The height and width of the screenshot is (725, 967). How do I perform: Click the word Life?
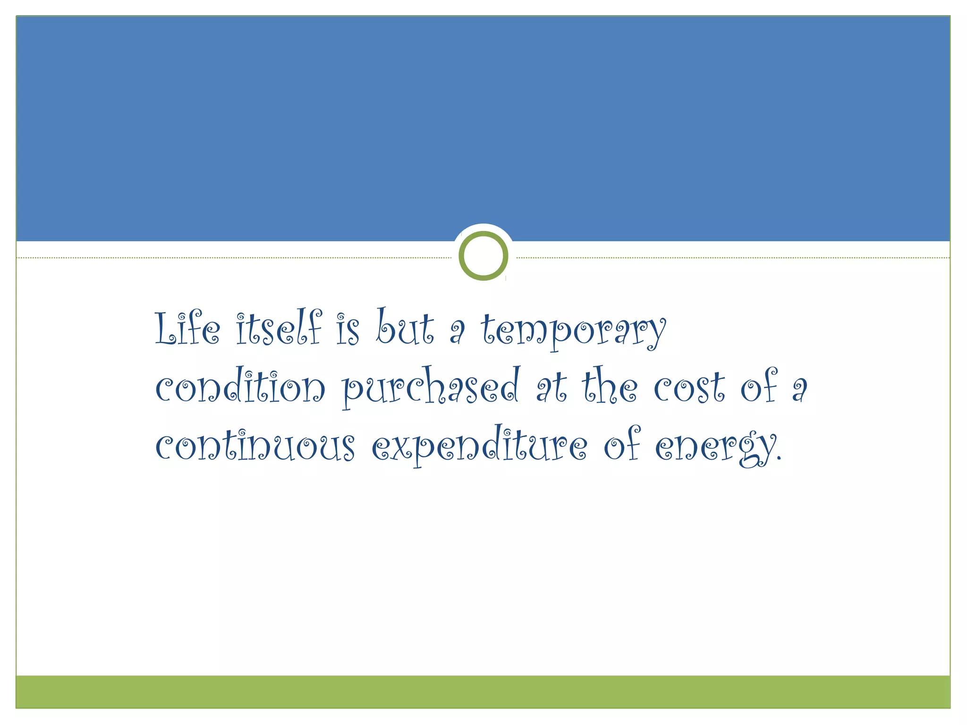pos(187,328)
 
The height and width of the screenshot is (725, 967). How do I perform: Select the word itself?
pos(279,328)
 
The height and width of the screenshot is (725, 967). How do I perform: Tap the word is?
pos(348,329)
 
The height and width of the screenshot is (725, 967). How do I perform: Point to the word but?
pos(405,327)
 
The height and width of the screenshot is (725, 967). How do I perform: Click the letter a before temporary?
pos(457,332)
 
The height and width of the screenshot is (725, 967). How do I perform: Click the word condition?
pos(240,387)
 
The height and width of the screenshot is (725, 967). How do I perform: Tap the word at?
pos(551,388)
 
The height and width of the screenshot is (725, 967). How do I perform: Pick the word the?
pos(610,387)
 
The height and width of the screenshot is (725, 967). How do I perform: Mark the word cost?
pos(689,388)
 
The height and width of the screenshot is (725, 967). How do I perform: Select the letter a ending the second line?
pos(800,390)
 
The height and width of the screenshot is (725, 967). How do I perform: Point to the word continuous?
pos(255,446)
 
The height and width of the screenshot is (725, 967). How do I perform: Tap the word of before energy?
pos(622,445)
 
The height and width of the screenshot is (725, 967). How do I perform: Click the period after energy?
pos(779,458)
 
